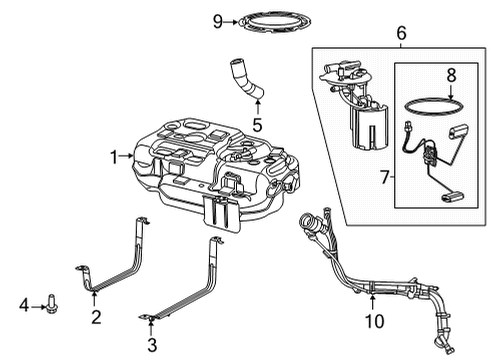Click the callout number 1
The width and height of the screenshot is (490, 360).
click(x=114, y=156)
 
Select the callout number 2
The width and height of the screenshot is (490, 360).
click(x=95, y=317)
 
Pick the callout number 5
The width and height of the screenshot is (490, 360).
click(x=256, y=126)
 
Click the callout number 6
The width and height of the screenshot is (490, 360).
click(x=401, y=33)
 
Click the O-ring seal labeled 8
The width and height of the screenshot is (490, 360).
click(x=434, y=103)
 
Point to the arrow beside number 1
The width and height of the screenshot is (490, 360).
click(x=127, y=156)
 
